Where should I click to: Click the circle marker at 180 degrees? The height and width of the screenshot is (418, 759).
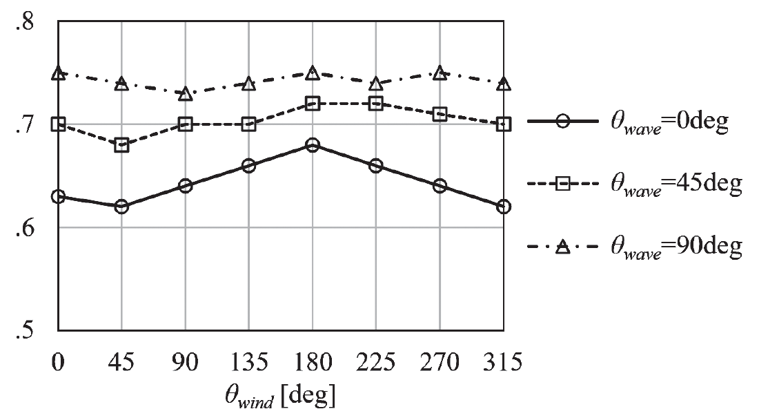pyautogui.click(x=313, y=145)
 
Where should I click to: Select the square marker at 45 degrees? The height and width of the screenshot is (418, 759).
pyautogui.click(x=121, y=145)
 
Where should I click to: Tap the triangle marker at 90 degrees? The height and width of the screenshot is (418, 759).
pyautogui.click(x=185, y=93)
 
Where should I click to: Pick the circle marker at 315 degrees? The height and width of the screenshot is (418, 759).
pyautogui.click(x=504, y=207)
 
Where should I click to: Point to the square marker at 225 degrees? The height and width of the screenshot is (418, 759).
pyautogui.click(x=376, y=104)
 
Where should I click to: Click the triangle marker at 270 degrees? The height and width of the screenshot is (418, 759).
pyautogui.click(x=440, y=73)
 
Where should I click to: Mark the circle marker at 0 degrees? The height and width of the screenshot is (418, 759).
pyautogui.click(x=58, y=196)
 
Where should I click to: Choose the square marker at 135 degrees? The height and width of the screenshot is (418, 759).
pyautogui.click(x=248, y=124)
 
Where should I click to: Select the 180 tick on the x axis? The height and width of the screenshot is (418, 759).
pyautogui.click(x=313, y=361)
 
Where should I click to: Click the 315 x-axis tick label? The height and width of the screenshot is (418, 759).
pyautogui.click(x=504, y=361)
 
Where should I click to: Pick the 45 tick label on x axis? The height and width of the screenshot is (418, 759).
pyautogui.click(x=121, y=361)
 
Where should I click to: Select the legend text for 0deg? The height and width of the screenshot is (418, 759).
pyautogui.click(x=669, y=125)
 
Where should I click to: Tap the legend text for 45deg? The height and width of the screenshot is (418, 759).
pyautogui.click(x=676, y=185)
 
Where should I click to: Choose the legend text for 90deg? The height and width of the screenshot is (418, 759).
pyautogui.click(x=676, y=247)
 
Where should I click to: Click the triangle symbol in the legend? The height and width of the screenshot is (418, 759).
pyautogui.click(x=563, y=246)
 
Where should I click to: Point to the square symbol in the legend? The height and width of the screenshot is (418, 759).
pyautogui.click(x=563, y=184)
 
